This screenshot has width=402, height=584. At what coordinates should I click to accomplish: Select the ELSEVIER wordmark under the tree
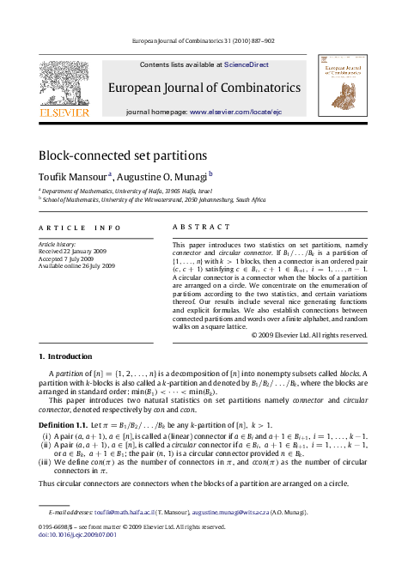(63, 112)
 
